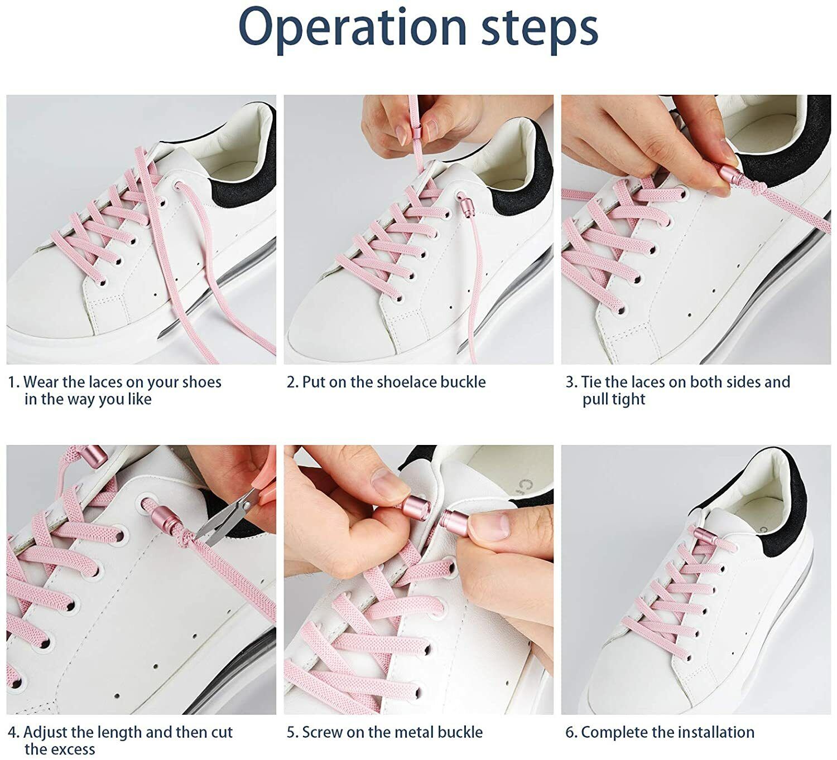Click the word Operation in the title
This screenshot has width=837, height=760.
353,28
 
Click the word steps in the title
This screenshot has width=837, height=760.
540,30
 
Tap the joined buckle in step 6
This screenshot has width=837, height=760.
705,537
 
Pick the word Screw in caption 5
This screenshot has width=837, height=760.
322,732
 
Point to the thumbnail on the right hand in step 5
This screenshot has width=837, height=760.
493,526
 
